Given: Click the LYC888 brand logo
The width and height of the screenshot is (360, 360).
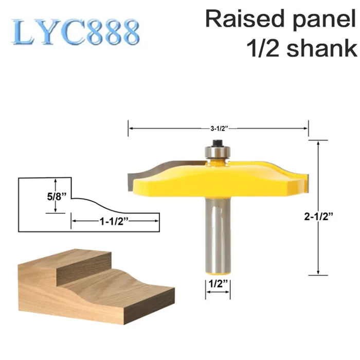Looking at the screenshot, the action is pyautogui.click(x=76, y=32).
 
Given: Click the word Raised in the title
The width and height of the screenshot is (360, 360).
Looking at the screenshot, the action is pyautogui.click(x=245, y=20).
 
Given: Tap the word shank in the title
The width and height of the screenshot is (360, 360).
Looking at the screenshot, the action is pyautogui.click(x=322, y=48).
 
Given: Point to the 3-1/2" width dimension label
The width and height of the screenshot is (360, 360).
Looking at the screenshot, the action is pyautogui.click(x=219, y=129).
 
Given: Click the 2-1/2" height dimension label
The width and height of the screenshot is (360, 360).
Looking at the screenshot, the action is pyautogui.click(x=318, y=217).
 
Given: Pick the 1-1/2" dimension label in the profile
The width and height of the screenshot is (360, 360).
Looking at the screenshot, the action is pyautogui.click(x=114, y=222).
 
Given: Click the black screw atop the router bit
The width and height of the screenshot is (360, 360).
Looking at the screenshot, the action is pyautogui.click(x=217, y=143).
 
